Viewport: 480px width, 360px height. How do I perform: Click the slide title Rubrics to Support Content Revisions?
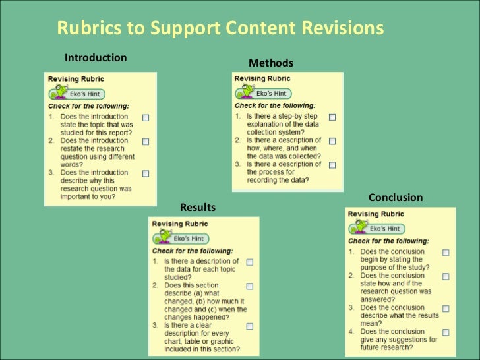[x=220, y=28]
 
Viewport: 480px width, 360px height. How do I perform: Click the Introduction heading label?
[x=95, y=58]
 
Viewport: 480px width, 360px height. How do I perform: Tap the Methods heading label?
[x=270, y=63]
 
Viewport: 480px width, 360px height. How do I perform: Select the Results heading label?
[x=198, y=208]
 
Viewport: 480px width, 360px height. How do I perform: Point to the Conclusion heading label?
[x=396, y=198]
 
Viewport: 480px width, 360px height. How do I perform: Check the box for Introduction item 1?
[x=146, y=117]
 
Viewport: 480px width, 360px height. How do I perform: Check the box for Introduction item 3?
[x=146, y=173]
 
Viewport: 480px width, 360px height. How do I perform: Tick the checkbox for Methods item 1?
[x=332, y=117]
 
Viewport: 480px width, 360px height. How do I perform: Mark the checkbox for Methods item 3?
[x=332, y=165]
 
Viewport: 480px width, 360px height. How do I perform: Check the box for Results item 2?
[x=250, y=287]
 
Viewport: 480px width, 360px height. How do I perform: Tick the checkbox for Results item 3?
[x=250, y=326]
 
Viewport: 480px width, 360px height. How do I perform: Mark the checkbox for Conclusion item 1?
[x=446, y=253]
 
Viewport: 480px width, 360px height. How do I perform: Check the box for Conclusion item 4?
[x=446, y=332]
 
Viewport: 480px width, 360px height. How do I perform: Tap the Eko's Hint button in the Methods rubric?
[x=263, y=94]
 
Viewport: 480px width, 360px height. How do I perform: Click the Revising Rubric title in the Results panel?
[x=180, y=224]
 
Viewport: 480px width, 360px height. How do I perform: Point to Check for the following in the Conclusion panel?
[x=388, y=241]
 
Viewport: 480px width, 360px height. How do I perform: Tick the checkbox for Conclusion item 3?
[x=446, y=309]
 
